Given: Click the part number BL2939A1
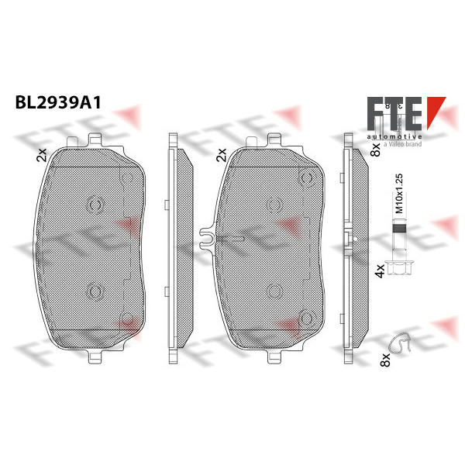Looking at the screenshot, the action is (58, 103).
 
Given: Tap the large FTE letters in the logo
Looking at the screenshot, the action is (394, 114).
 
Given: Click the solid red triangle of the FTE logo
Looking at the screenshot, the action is (436, 112).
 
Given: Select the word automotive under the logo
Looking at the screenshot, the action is (394, 136).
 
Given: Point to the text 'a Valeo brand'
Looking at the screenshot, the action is (402, 144).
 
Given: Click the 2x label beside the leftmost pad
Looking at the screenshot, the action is (42, 155).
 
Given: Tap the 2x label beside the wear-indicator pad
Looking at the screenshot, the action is (222, 155).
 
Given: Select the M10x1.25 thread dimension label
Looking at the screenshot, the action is (399, 193).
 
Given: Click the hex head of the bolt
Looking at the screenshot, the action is (399, 269).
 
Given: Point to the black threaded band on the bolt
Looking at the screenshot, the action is (399, 229).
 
